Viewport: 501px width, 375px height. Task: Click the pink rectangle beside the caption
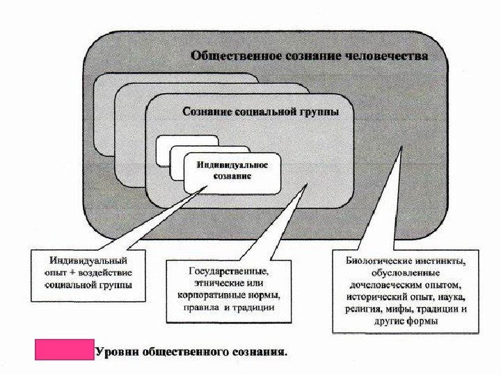tap(64, 350)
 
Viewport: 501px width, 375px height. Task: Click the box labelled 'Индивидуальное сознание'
tap(232, 171)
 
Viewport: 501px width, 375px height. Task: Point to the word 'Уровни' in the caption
tap(116, 352)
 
